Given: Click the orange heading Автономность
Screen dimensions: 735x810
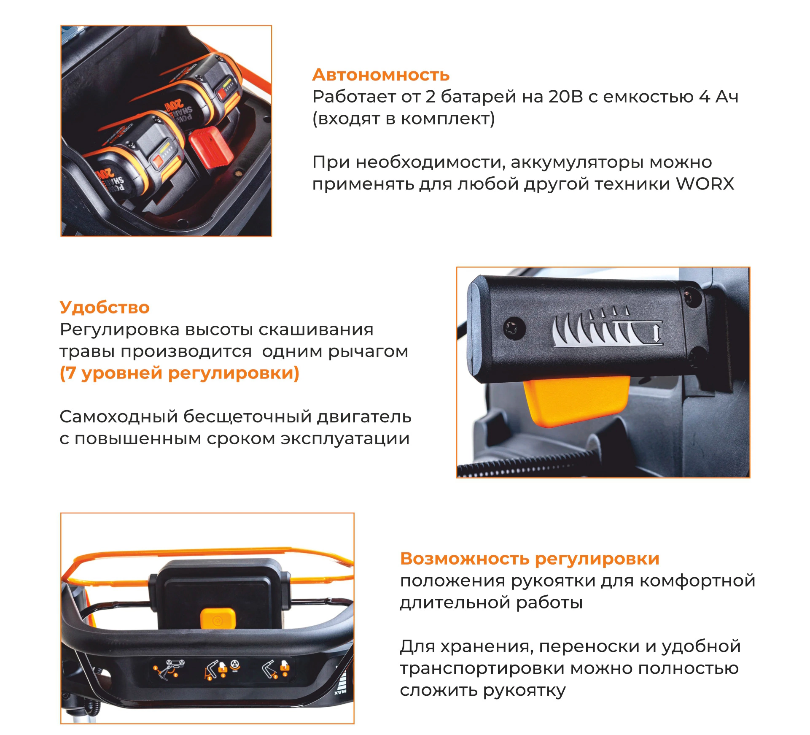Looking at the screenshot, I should pyautogui.click(x=381, y=75).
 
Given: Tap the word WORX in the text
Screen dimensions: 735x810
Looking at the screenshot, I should pyautogui.click(x=705, y=184).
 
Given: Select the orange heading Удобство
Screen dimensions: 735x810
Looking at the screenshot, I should pyautogui.click(x=105, y=308).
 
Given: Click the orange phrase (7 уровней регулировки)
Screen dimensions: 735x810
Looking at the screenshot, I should pyautogui.click(x=179, y=373).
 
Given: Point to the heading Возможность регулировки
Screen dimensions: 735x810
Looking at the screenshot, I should pyautogui.click(x=530, y=559).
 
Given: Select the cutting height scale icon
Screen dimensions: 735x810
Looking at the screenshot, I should pyautogui.click(x=607, y=327).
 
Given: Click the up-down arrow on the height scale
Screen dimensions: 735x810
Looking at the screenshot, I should pyautogui.click(x=656, y=333).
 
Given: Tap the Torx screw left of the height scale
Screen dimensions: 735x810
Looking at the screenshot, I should pyautogui.click(x=514, y=328).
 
